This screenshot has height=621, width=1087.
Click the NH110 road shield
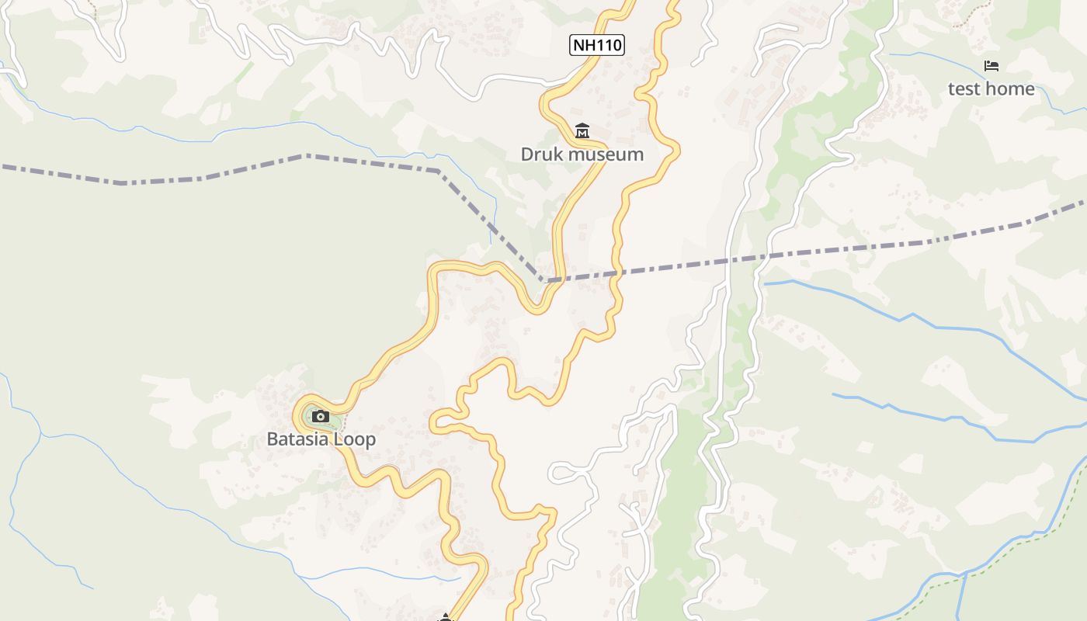pos(596,45)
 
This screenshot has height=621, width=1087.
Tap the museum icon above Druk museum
pos(582,130)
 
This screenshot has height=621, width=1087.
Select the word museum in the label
pos(605,154)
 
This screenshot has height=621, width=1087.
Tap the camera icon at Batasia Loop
pos(320,417)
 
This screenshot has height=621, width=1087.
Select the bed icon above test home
pos(991,66)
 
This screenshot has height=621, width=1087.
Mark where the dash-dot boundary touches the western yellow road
pos(543,280)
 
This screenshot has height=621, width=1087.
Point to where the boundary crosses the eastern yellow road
pos(619,272)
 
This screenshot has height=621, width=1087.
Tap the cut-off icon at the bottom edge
pos(445,618)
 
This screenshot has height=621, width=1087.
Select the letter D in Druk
pos(526,154)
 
